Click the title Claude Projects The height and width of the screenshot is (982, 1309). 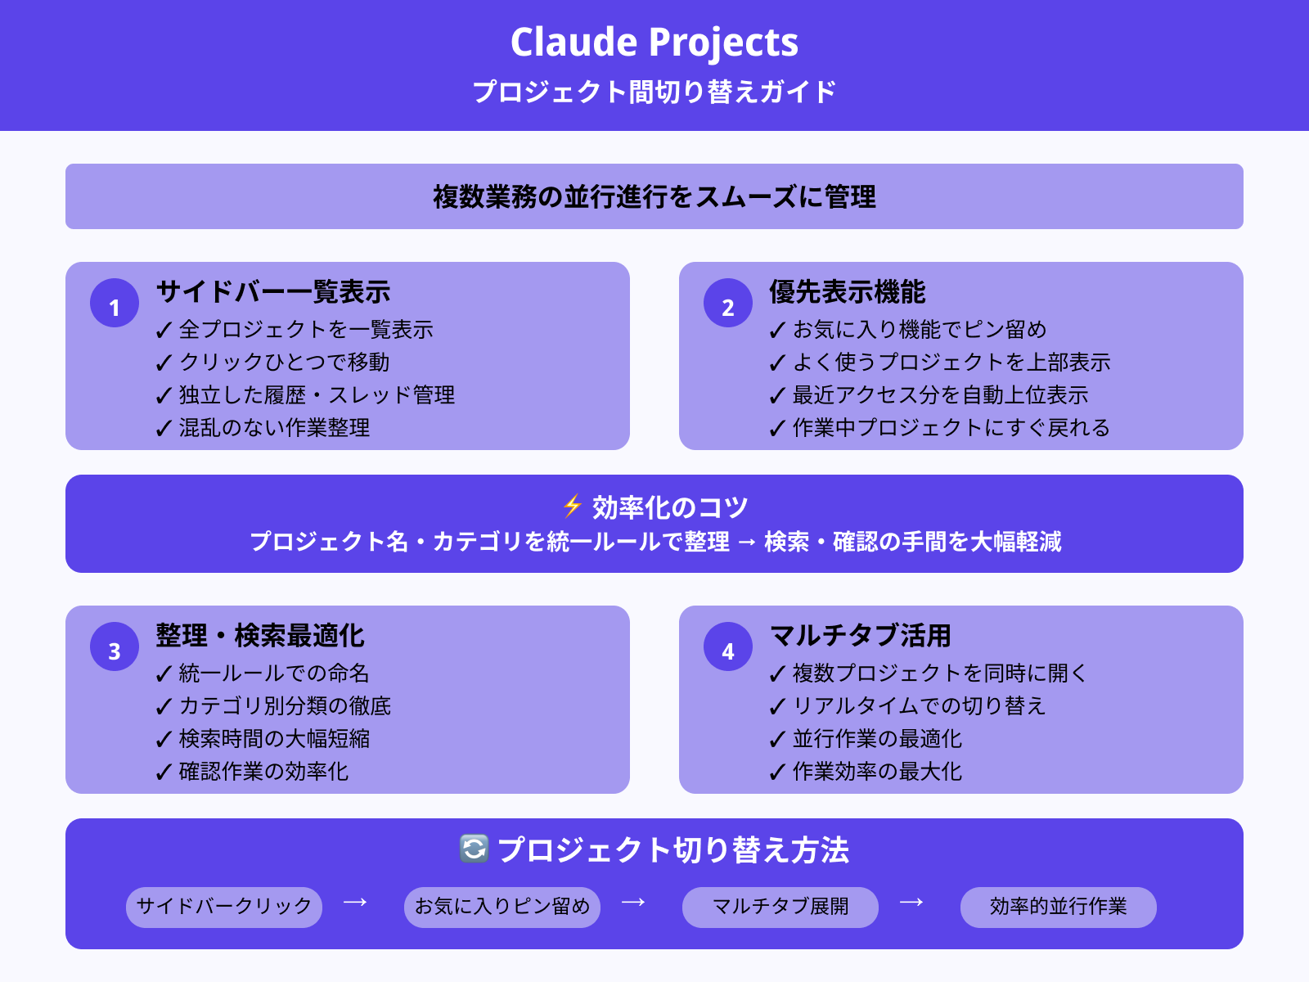[x=654, y=43]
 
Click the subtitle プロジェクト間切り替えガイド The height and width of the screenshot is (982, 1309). [x=654, y=92]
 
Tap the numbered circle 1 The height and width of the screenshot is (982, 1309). [x=115, y=304]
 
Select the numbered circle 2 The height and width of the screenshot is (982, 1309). [x=728, y=304]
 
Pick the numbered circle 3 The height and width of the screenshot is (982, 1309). [x=115, y=647]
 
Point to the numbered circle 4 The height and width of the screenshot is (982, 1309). [x=728, y=647]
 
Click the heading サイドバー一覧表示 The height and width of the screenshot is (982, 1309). [x=273, y=292]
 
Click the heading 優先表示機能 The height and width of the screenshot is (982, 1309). [x=847, y=292]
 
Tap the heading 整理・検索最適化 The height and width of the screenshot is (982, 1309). [x=260, y=636]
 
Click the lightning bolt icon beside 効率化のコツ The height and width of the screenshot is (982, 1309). [x=573, y=507]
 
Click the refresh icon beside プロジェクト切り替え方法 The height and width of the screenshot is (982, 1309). [x=475, y=849]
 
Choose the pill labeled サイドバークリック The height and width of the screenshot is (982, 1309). [x=224, y=907]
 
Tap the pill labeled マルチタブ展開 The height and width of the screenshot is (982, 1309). [x=780, y=907]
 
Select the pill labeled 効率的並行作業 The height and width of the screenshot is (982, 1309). [x=1059, y=907]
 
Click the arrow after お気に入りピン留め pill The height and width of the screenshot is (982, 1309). [x=633, y=903]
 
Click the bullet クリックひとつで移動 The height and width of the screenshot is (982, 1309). [x=284, y=363]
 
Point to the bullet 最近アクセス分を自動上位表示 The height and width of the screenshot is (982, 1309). [x=940, y=395]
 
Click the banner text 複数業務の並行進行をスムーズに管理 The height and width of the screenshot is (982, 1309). [x=654, y=197]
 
